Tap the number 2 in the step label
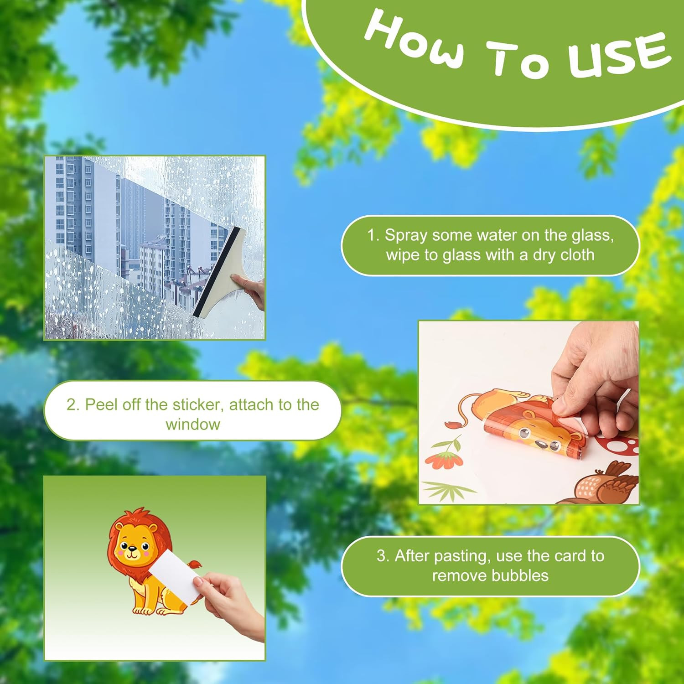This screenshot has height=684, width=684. click(71, 404)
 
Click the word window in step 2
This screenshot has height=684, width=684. click(192, 424)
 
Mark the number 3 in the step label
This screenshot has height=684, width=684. click(382, 556)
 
